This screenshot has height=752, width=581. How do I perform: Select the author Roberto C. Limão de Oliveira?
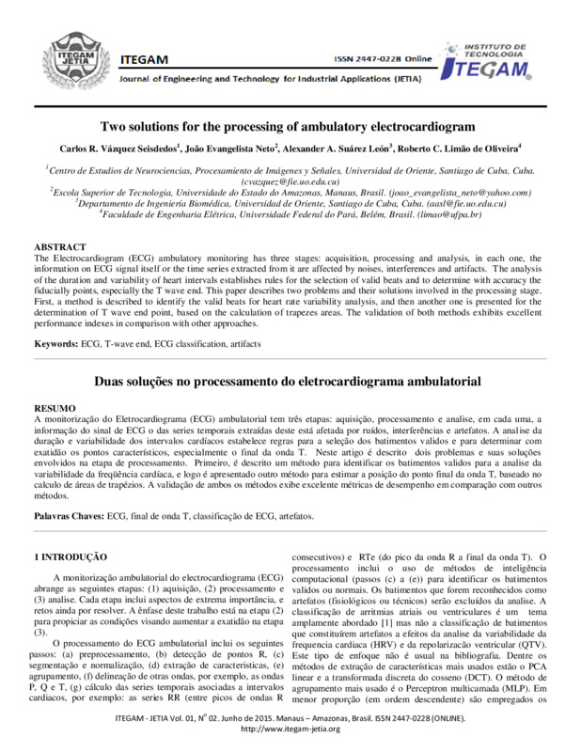tap(458, 149)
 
